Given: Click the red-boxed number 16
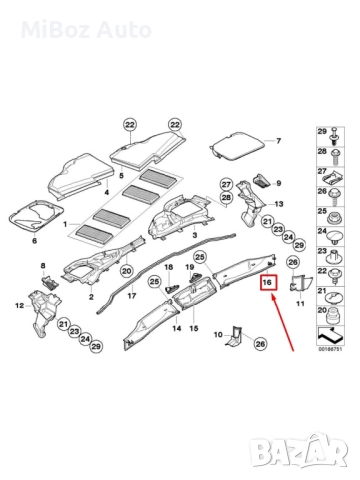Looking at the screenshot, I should pyautogui.click(x=267, y=284).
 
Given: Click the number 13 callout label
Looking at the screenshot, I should pyautogui.click(x=279, y=204).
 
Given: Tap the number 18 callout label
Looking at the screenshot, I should pyautogui.click(x=167, y=269).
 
